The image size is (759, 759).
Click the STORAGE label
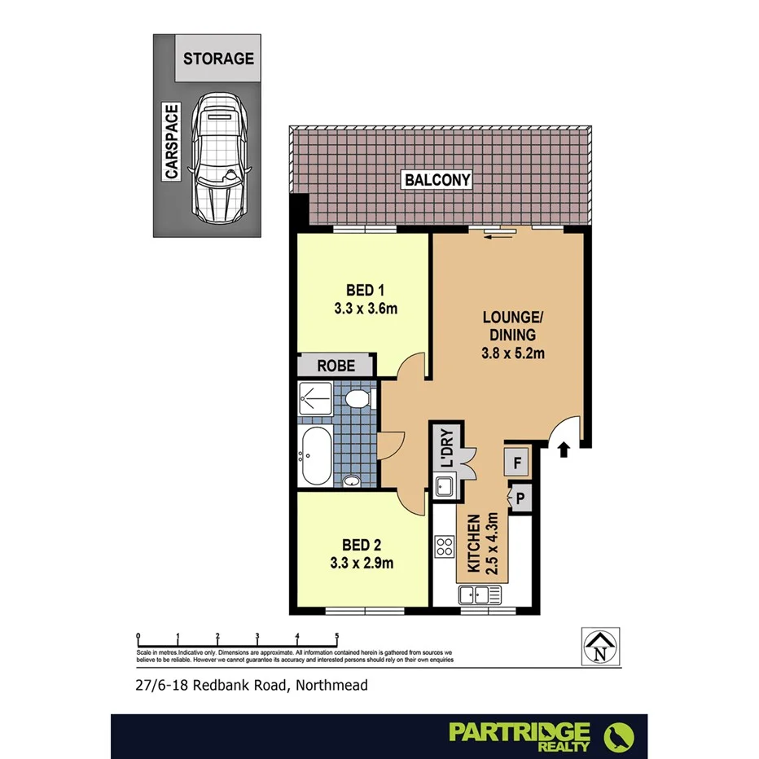click(x=218, y=59)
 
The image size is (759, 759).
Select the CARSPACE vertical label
click(x=171, y=142)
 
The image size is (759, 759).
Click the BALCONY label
click(x=441, y=180)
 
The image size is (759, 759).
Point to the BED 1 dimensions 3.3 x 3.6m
click(x=365, y=309)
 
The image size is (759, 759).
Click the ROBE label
click(x=336, y=366)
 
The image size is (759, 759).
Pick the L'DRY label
click(x=446, y=449)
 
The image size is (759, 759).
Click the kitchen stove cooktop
click(x=445, y=546)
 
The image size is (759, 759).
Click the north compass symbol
click(x=601, y=648)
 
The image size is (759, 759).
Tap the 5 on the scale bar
click(x=336, y=637)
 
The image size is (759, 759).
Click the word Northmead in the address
click(x=332, y=685)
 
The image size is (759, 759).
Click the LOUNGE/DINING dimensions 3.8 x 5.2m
click(x=512, y=353)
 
